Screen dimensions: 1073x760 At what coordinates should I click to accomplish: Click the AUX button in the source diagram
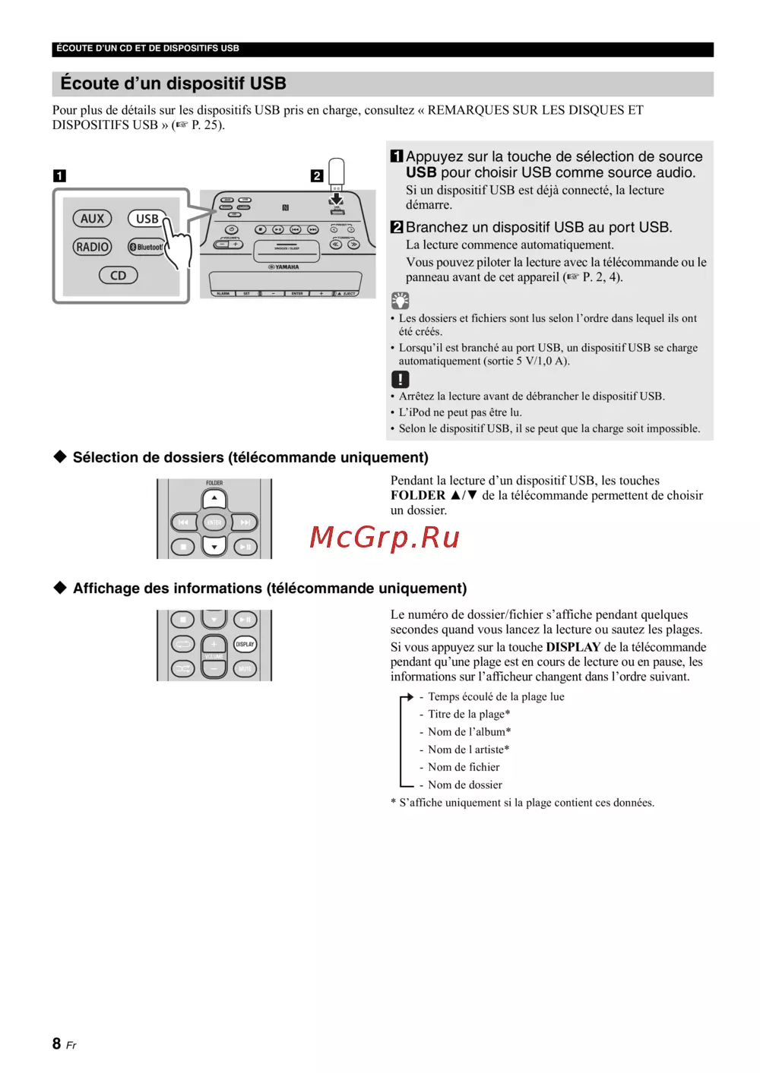click(93, 219)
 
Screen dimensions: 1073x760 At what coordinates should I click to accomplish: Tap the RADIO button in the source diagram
click(93, 247)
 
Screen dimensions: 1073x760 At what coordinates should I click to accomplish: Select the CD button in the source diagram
click(119, 276)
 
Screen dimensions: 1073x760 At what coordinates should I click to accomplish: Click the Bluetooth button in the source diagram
click(146, 247)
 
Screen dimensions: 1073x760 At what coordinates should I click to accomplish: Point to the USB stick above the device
click(336, 173)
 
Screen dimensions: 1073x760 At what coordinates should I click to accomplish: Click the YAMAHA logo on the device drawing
click(285, 267)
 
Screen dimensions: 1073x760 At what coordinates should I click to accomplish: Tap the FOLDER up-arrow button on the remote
click(214, 499)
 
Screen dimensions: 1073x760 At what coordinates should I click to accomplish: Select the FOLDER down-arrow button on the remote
click(214, 546)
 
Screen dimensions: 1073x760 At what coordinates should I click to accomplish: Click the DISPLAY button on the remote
click(245, 644)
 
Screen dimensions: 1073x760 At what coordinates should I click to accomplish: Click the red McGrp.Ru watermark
click(385, 537)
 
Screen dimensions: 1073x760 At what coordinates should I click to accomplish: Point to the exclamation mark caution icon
click(400, 379)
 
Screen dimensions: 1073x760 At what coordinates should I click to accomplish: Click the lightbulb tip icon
click(400, 300)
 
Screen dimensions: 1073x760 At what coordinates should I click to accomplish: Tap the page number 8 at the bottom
click(57, 1043)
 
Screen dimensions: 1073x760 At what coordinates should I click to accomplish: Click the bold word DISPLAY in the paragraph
click(573, 647)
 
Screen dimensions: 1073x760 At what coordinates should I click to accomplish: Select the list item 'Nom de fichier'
click(464, 767)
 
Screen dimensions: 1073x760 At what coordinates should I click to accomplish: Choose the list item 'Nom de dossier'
click(464, 784)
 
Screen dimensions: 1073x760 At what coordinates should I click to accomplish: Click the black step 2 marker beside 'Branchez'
click(397, 227)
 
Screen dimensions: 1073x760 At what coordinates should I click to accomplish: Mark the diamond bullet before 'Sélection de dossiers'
click(60, 456)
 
